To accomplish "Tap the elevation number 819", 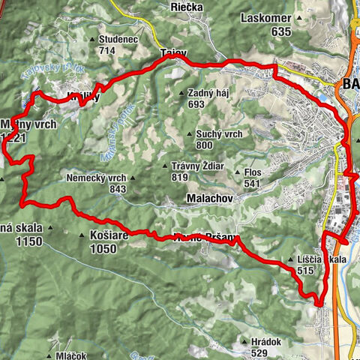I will click(x=178, y=178).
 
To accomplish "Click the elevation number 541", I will click(x=252, y=183).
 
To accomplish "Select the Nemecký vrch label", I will click(x=94, y=178).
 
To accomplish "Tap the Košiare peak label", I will click(x=109, y=235).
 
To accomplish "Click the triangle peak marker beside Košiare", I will click(x=82, y=235).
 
